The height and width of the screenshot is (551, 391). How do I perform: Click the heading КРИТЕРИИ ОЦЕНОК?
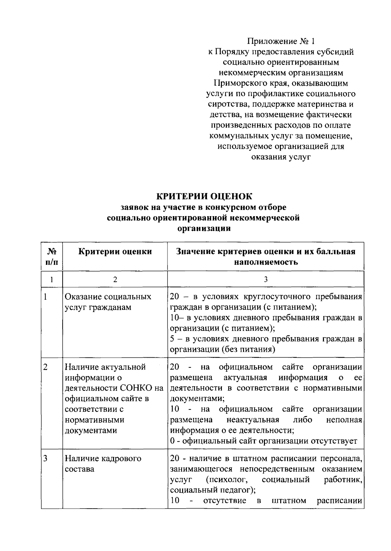coord(204,196)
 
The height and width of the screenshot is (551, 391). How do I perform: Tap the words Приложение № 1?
coord(281,41)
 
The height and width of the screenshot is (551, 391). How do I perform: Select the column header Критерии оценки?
coord(115,251)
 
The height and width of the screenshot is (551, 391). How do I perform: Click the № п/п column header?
coord(52,257)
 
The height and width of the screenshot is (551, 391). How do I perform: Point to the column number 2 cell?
coord(115,279)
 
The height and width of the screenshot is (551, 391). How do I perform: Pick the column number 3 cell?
coord(266,279)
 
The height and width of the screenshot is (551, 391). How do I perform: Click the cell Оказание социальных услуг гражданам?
coord(108,302)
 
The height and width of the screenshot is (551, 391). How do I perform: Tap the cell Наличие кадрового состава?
coord(103,464)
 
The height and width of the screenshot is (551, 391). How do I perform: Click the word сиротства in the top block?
coord(226,104)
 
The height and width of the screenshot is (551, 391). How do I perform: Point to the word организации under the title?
coord(204,228)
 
